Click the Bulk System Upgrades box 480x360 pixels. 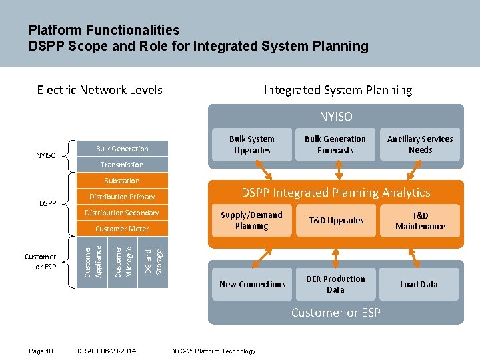pyautogui.click(x=251, y=145)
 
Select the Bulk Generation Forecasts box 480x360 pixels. pyautogui.click(x=335, y=145)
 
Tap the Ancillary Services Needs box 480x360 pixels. pyautogui.click(x=419, y=145)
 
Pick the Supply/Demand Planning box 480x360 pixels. pyautogui.click(x=251, y=221)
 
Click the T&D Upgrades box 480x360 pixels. pyautogui.click(x=335, y=221)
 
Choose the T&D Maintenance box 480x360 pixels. pyautogui.click(x=419, y=221)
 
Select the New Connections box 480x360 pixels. pyautogui.click(x=251, y=285)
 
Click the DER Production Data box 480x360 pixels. pyautogui.click(x=335, y=285)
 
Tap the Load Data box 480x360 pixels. pyautogui.click(x=419, y=285)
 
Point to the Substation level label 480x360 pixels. pyautogui.click(x=122, y=181)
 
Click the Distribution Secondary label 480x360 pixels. pyautogui.click(x=122, y=213)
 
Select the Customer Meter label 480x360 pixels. pyautogui.click(x=122, y=229)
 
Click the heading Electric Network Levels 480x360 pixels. pyautogui.click(x=99, y=90)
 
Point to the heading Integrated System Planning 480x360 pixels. pyautogui.click(x=338, y=90)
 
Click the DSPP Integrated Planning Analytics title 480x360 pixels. pyautogui.click(x=335, y=193)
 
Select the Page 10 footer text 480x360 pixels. pyautogui.click(x=41, y=351)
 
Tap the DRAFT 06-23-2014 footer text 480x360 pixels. pyautogui.click(x=107, y=351)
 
